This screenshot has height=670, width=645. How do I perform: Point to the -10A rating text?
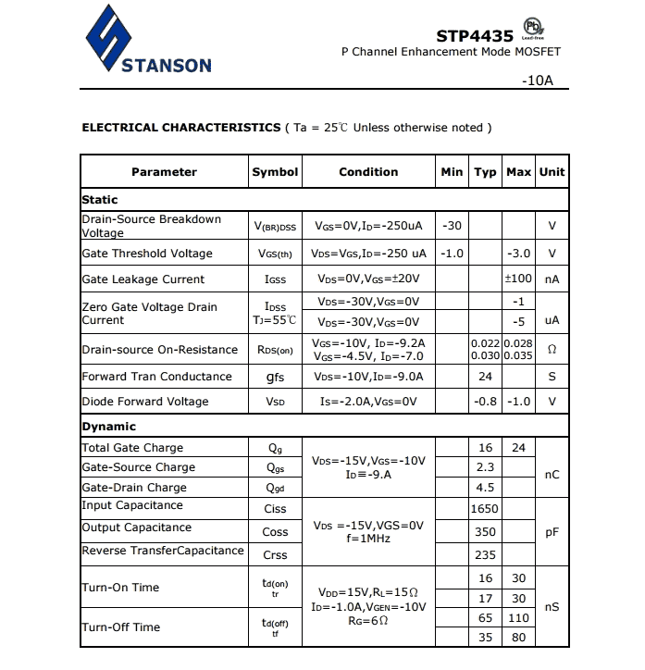[x=537, y=81]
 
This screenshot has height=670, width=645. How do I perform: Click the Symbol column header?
[x=275, y=172]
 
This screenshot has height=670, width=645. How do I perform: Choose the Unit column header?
[x=552, y=172]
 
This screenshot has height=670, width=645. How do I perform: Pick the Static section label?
[x=100, y=199]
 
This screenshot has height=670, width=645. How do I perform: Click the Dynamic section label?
[x=109, y=427]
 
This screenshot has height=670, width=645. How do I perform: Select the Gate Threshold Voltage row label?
[x=147, y=254]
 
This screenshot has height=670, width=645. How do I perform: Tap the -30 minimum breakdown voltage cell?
[x=453, y=226]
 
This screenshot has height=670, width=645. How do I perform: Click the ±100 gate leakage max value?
[x=518, y=279]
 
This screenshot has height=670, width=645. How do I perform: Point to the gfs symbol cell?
[x=275, y=377]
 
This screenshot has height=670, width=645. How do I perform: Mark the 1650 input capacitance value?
[x=485, y=508]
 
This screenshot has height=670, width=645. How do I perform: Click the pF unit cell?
[x=552, y=532]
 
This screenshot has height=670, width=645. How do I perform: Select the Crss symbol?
[x=275, y=555]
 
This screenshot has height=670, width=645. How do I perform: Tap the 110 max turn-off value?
[x=518, y=618]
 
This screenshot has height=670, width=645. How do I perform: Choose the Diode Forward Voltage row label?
[x=145, y=402]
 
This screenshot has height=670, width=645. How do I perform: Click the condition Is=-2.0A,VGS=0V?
[x=368, y=402]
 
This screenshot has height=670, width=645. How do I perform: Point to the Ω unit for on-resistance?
[x=552, y=350]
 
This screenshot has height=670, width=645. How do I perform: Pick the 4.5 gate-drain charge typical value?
[x=485, y=488]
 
